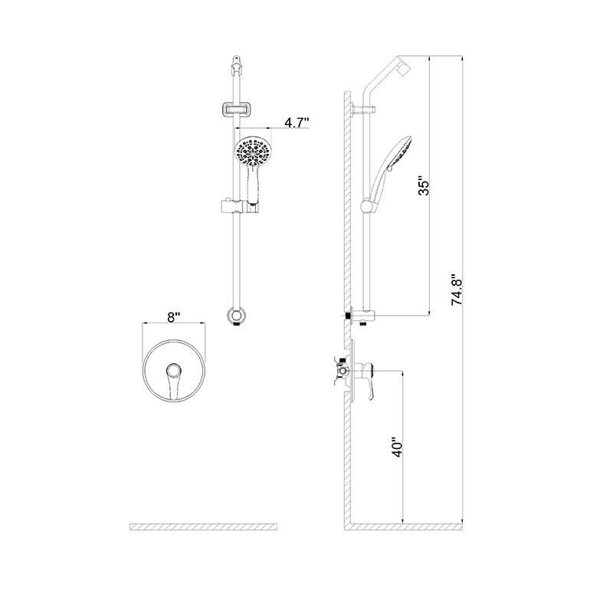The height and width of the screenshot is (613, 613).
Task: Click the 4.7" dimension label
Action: point(296,122)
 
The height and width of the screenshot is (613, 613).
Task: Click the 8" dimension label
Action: point(175,316)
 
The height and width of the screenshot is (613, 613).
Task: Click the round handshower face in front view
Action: point(252,150)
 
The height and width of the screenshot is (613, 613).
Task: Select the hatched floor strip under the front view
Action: point(204,526)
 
